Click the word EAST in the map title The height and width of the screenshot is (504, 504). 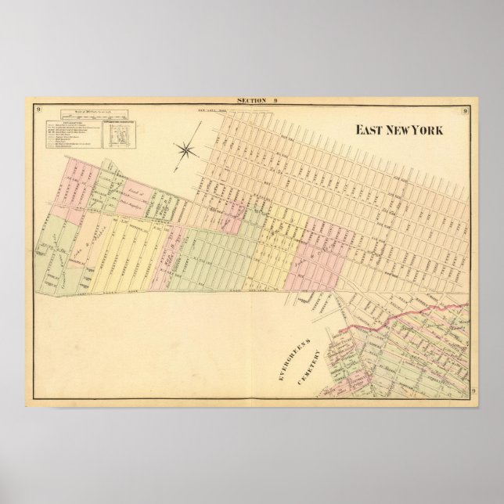(x=370, y=130)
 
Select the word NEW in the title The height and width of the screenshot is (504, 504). (x=400, y=130)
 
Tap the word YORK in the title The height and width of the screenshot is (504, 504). (x=429, y=130)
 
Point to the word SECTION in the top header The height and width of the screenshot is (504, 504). (x=249, y=101)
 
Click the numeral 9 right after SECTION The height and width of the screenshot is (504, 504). (x=275, y=101)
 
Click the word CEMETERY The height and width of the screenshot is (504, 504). (x=308, y=369)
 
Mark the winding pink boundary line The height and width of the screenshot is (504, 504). (x=407, y=318)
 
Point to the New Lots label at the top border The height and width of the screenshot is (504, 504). (x=214, y=113)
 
